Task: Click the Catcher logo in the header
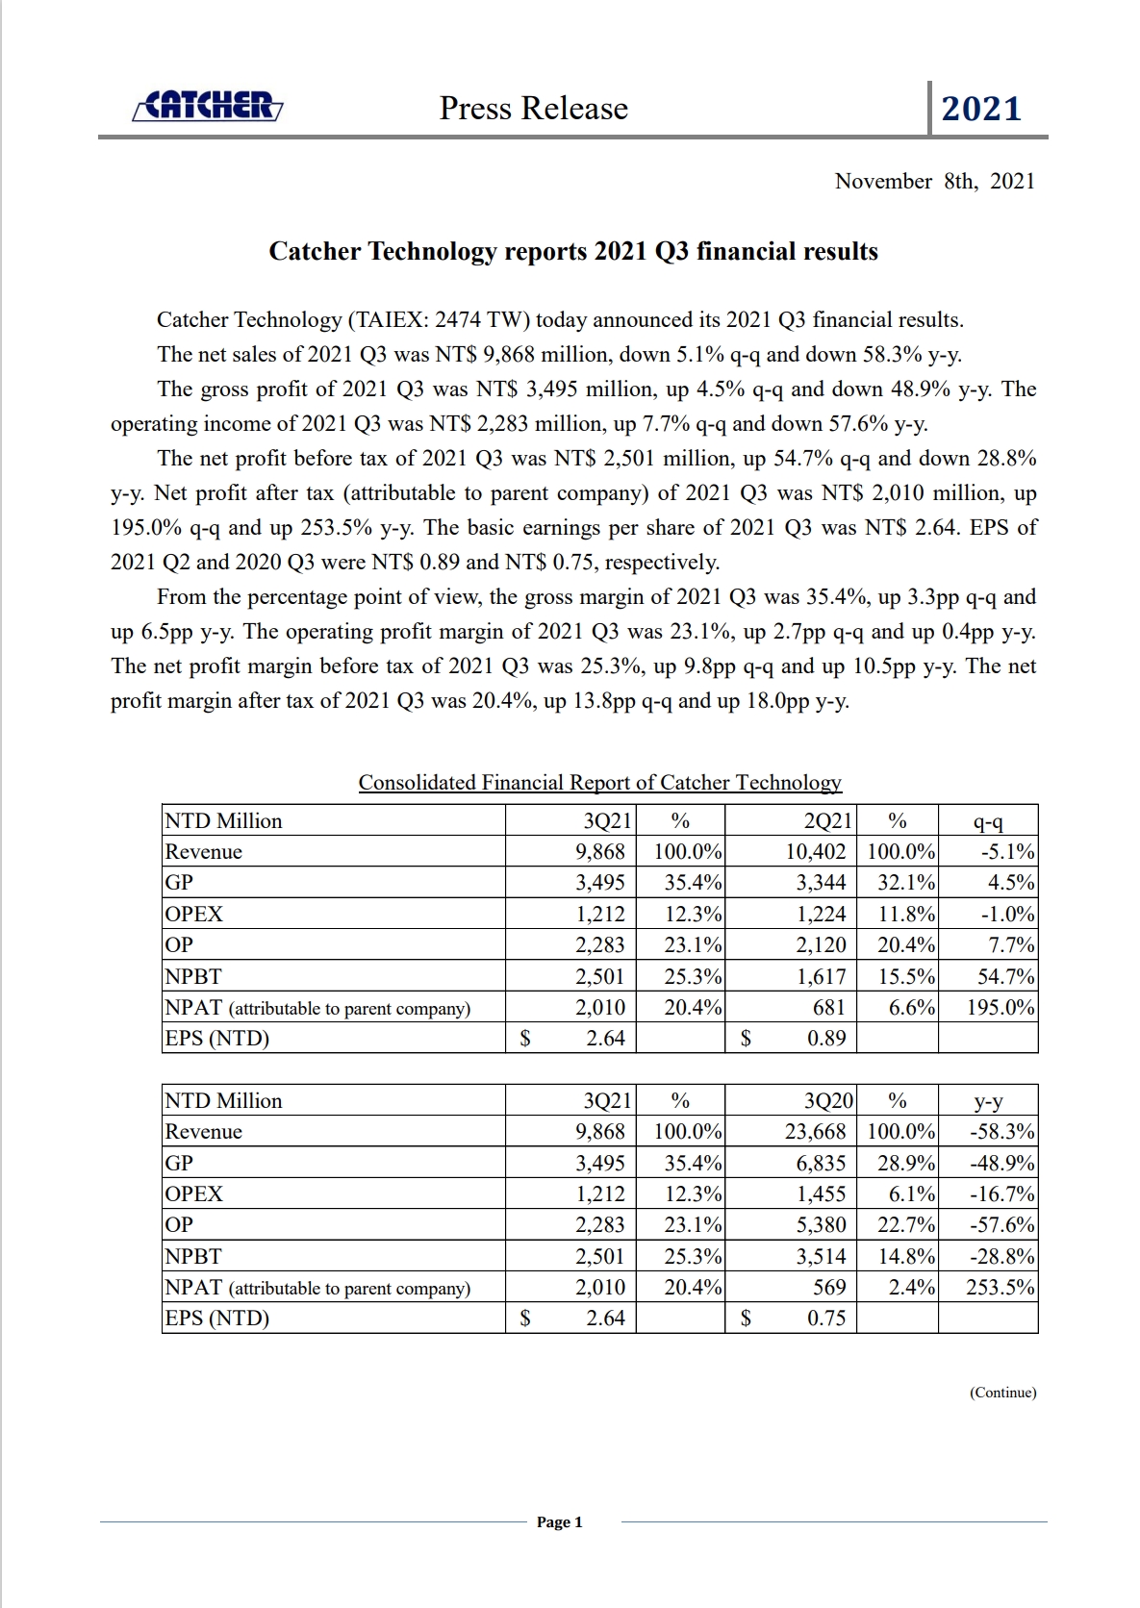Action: [208, 107]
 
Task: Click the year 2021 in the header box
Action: [981, 109]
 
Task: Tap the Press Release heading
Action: [534, 109]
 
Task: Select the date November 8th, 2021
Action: [934, 181]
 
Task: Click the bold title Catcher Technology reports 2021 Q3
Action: [573, 252]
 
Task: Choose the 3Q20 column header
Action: [827, 1100]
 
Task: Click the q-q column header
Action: [988, 820]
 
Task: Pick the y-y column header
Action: [988, 1100]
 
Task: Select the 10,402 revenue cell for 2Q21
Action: [816, 851]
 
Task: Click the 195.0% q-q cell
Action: [1001, 1008]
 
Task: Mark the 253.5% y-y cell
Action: [1001, 1288]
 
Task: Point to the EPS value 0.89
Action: [826, 1039]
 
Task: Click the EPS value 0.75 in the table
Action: [826, 1319]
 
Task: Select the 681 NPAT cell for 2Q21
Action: [828, 1008]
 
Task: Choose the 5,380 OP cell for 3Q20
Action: [821, 1224]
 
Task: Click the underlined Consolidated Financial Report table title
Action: [599, 783]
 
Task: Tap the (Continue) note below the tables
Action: [1002, 1393]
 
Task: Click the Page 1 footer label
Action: [559, 1522]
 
